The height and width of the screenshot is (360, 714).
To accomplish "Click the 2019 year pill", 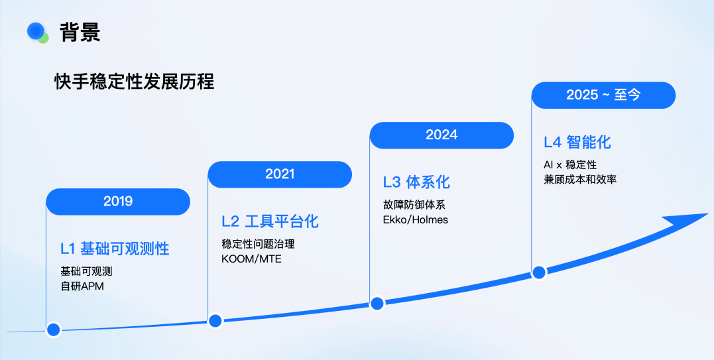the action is pyautogui.click(x=118, y=202).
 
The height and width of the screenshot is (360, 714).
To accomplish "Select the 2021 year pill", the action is pyautogui.click(x=280, y=174).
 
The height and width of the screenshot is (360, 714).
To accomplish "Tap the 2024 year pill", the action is pyautogui.click(x=442, y=135).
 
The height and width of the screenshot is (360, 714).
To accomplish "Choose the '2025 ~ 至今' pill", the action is pyautogui.click(x=603, y=95).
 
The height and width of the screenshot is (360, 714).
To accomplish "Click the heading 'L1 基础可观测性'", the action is pyautogui.click(x=115, y=249).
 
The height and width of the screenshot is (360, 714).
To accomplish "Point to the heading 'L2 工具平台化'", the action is pyautogui.click(x=270, y=221).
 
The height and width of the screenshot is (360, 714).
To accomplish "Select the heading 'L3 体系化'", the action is pyautogui.click(x=416, y=182).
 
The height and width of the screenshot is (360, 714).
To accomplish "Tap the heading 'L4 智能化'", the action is pyautogui.click(x=577, y=143).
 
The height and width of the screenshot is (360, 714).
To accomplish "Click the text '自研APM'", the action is pyautogui.click(x=82, y=286).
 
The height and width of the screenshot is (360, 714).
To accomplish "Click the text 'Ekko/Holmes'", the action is pyautogui.click(x=415, y=220).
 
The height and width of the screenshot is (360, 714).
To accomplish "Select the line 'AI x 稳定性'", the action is pyautogui.click(x=570, y=164).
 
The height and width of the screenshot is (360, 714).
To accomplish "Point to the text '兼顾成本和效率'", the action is pyautogui.click(x=580, y=179).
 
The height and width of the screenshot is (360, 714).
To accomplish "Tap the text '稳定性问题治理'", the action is pyautogui.click(x=258, y=245).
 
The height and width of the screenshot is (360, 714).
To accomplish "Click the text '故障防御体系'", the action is pyautogui.click(x=414, y=205).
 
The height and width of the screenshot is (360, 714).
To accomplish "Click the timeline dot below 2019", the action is pyautogui.click(x=53, y=329).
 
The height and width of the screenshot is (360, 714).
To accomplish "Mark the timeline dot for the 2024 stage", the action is pyautogui.click(x=377, y=303).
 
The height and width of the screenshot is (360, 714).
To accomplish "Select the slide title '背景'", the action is pyautogui.click(x=80, y=32).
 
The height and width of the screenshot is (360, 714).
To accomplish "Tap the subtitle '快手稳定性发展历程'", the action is pyautogui.click(x=135, y=82).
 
